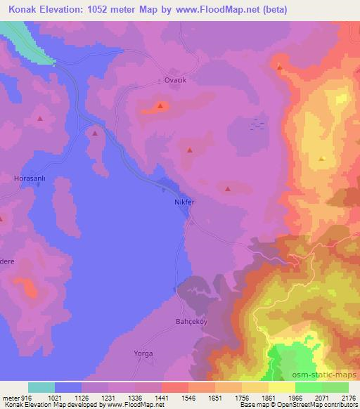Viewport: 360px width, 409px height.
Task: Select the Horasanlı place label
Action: [30, 178]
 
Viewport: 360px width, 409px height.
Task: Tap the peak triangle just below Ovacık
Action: [161, 107]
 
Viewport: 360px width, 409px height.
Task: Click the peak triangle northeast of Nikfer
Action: [226, 188]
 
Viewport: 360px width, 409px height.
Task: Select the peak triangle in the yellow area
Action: [321, 160]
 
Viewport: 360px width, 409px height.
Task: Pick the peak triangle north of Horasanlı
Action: [39, 119]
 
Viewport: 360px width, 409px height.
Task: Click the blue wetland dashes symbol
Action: [258, 123]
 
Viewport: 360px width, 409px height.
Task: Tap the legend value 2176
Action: [347, 397]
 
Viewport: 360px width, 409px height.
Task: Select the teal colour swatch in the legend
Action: [41, 387]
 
